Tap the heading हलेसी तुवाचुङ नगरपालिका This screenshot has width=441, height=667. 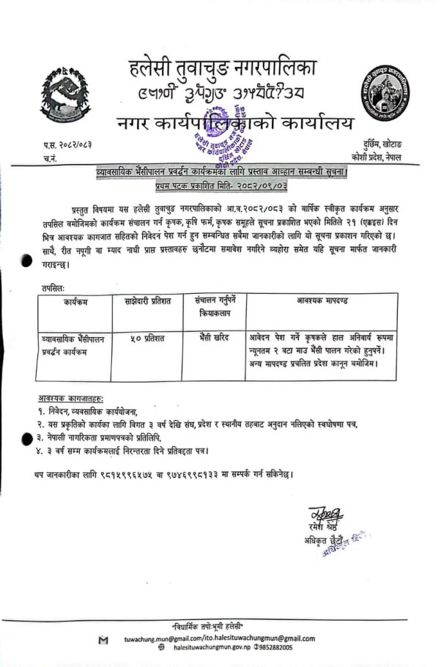(221, 71)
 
